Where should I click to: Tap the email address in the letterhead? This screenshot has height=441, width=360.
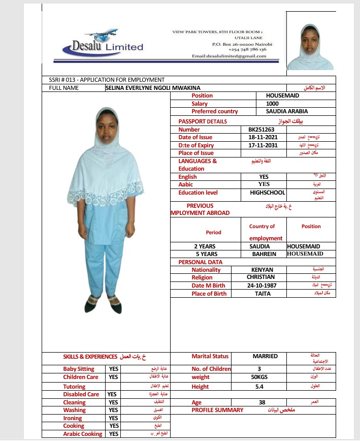(x=228, y=56)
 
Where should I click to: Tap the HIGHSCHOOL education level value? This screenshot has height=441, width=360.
(x=268, y=193)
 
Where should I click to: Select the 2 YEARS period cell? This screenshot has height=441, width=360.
(x=206, y=246)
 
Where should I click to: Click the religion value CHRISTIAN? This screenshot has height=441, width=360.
(x=261, y=277)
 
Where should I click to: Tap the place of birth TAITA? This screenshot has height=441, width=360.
(x=263, y=294)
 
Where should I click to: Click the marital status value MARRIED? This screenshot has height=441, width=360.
(x=265, y=356)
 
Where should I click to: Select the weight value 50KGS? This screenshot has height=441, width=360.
(x=259, y=377)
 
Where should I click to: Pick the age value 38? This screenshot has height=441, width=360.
(x=262, y=402)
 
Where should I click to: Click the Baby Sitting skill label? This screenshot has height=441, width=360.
(x=79, y=369)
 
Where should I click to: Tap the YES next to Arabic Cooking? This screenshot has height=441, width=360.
(x=114, y=434)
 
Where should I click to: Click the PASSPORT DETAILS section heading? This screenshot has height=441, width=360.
(x=203, y=121)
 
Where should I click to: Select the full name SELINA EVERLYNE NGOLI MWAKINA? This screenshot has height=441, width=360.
(x=153, y=88)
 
